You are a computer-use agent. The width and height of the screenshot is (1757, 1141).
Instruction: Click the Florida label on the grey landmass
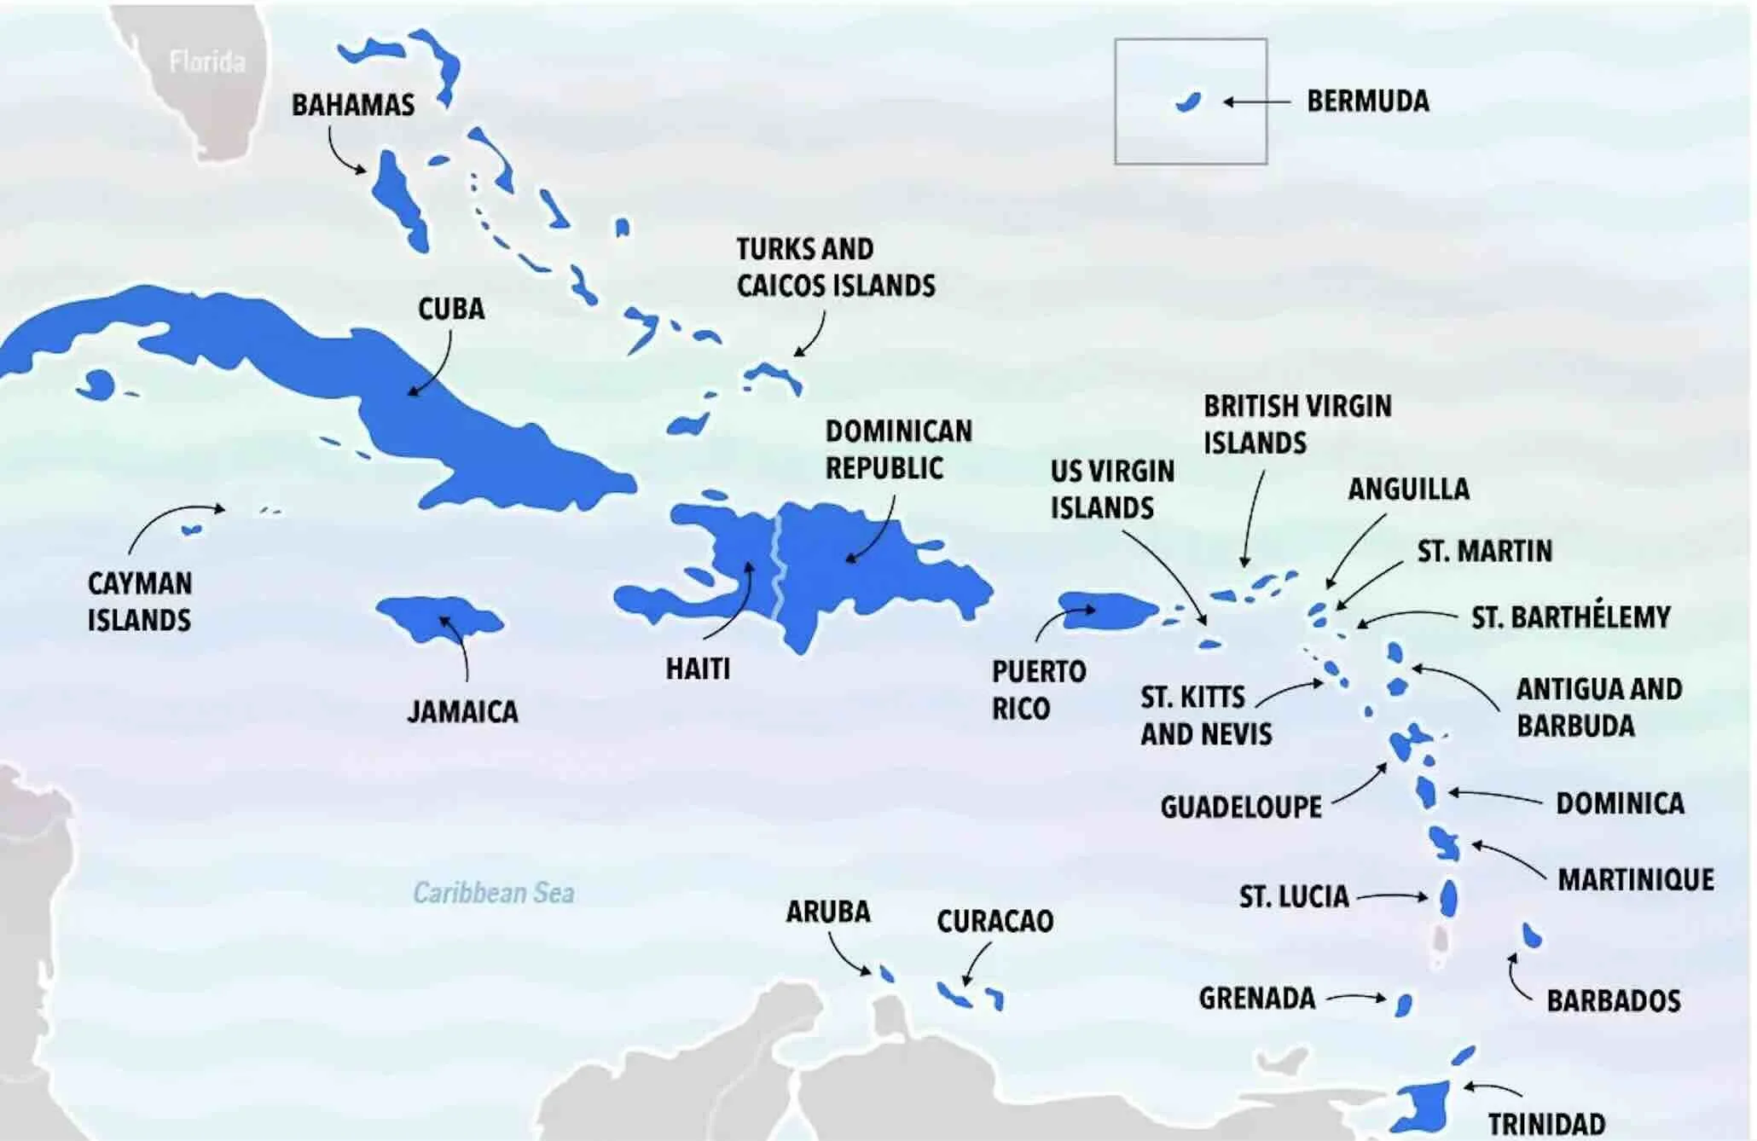pyautogui.click(x=206, y=61)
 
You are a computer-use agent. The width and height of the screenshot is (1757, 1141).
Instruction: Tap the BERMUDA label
pyautogui.click(x=1367, y=101)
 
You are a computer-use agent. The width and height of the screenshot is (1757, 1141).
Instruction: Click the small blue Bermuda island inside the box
pyautogui.click(x=1187, y=102)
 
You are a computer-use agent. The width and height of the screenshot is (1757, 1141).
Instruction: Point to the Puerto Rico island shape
pyautogui.click(x=1107, y=611)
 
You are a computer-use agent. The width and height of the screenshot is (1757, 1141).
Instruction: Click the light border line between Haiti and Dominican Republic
pyautogui.click(x=777, y=571)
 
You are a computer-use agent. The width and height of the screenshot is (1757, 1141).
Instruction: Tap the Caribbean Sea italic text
pyautogui.click(x=493, y=893)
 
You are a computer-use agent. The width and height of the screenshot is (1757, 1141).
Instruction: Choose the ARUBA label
pyautogui.click(x=827, y=912)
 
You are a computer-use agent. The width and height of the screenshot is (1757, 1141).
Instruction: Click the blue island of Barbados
pyautogui.click(x=1532, y=935)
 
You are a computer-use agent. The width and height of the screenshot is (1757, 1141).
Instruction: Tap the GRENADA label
pyautogui.click(x=1256, y=998)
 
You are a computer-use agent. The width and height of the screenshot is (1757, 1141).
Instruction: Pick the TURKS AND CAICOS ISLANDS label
pyautogui.click(x=835, y=267)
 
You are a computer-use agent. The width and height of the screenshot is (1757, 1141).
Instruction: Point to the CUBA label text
pyautogui.click(x=450, y=309)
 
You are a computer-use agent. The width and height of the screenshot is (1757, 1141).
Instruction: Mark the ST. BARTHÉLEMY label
pyautogui.click(x=1570, y=617)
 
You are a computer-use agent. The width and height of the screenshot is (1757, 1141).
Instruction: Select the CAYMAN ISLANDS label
pyautogui.click(x=139, y=601)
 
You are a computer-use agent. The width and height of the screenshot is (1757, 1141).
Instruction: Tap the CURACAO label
pyautogui.click(x=994, y=921)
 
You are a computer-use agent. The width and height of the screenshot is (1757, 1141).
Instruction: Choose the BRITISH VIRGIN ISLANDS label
pyautogui.click(x=1296, y=424)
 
